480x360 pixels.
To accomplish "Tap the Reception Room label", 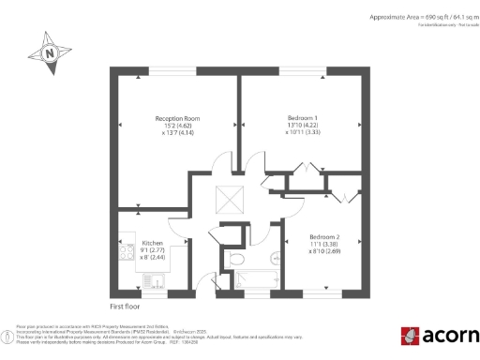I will point(178,119).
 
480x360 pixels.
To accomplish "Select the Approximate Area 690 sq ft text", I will point(413,18).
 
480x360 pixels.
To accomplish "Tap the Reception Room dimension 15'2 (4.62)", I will point(178,127).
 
